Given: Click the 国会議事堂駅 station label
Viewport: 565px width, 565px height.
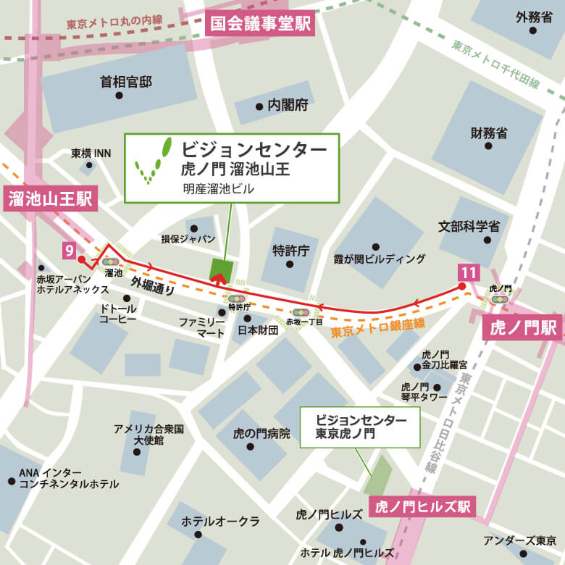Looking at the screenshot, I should click(260, 23).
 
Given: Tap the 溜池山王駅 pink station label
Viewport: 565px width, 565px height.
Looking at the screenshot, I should click(49, 199).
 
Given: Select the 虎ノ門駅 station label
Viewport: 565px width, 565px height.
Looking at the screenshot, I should click(521, 328).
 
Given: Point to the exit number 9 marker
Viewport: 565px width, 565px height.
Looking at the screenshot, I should click(70, 251).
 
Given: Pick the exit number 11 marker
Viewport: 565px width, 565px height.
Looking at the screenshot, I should click(468, 273).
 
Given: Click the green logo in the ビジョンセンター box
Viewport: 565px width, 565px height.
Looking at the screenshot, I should click(154, 160).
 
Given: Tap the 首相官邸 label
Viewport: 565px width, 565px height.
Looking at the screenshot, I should click(126, 83).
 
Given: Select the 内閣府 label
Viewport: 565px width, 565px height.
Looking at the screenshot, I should click(288, 106).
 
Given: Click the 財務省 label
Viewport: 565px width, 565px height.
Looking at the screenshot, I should click(488, 133).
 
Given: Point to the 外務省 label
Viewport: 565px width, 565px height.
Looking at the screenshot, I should click(535, 17).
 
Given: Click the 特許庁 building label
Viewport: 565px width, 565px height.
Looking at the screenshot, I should click(290, 251).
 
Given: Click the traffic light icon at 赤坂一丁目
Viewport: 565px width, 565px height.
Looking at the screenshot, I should click(299, 312).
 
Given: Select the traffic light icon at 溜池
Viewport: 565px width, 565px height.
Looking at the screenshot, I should click(111, 261).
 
